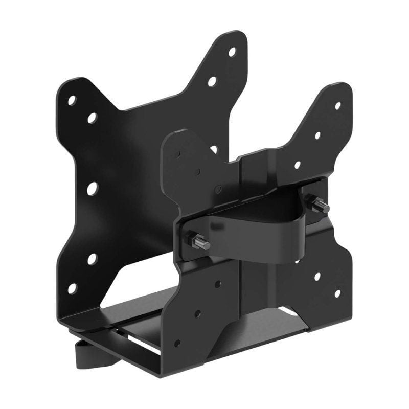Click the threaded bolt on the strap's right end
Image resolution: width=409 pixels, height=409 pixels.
point(322,206)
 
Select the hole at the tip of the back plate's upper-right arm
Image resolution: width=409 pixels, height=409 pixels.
point(232,52)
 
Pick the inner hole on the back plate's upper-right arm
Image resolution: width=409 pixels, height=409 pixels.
point(212,81)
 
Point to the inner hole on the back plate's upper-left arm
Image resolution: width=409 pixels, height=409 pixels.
point(92,119)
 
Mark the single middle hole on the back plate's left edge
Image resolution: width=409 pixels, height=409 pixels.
point(92,189)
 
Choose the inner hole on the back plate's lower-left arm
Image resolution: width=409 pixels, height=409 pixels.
point(92,259)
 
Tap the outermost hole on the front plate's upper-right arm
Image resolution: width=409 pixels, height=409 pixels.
point(337,106)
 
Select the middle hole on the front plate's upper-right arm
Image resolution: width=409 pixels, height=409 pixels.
point(317,135)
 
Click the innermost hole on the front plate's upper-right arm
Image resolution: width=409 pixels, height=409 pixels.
point(298,165)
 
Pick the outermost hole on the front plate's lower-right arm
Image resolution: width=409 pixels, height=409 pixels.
point(337,293)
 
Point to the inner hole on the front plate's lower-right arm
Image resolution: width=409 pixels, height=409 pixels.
point(317,277)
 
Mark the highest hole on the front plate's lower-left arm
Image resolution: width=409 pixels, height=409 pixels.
point(218,284)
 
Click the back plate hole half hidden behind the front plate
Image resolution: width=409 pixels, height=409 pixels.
point(214,150)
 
